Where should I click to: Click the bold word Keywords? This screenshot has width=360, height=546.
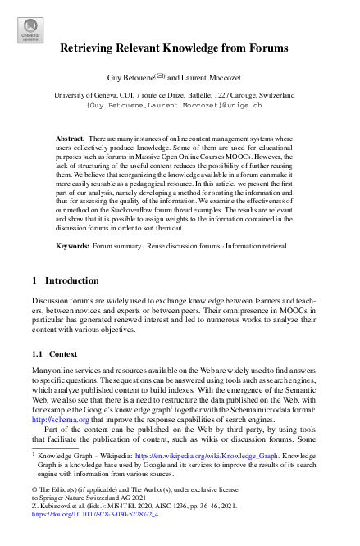click(x=72, y=246)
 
